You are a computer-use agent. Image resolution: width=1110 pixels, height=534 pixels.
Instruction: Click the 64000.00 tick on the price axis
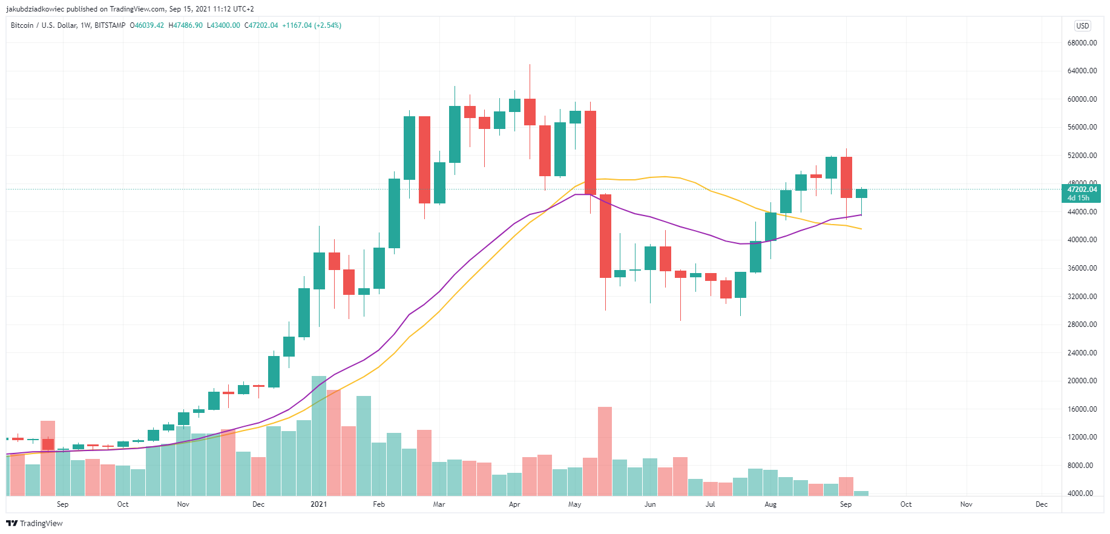[1082, 71]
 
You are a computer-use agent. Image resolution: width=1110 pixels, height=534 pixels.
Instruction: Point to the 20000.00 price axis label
[1082, 381]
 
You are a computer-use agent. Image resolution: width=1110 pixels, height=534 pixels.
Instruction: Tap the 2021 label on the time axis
[318, 504]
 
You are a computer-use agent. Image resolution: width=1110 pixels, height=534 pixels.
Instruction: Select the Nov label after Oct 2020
[183, 504]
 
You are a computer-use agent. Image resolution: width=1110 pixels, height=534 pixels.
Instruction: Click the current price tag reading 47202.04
[1082, 190]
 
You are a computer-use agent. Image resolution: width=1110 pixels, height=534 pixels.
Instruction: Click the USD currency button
[1082, 26]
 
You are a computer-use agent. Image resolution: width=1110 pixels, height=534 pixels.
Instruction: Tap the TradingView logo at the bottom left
[34, 523]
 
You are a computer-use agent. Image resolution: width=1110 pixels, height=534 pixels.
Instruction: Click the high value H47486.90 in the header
[185, 25]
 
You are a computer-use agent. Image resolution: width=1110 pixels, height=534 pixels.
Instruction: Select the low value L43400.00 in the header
[223, 25]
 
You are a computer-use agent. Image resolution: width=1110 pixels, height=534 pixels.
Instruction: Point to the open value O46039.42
[147, 25]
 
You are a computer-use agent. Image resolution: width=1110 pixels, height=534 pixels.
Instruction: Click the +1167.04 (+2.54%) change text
[312, 25]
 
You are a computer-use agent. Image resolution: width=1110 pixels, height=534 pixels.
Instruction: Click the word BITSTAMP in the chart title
[110, 25]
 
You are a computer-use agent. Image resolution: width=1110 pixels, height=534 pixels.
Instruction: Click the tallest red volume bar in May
[605, 451]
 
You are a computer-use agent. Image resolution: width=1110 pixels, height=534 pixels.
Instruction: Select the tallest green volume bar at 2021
[319, 436]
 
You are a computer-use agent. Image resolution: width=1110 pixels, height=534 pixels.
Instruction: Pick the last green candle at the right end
[861, 193]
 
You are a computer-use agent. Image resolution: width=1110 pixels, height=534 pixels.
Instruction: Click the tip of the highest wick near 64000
[530, 65]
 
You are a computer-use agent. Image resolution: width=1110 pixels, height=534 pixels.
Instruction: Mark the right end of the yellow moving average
[861, 229]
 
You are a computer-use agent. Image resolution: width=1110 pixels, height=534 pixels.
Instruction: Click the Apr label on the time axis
[514, 504]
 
